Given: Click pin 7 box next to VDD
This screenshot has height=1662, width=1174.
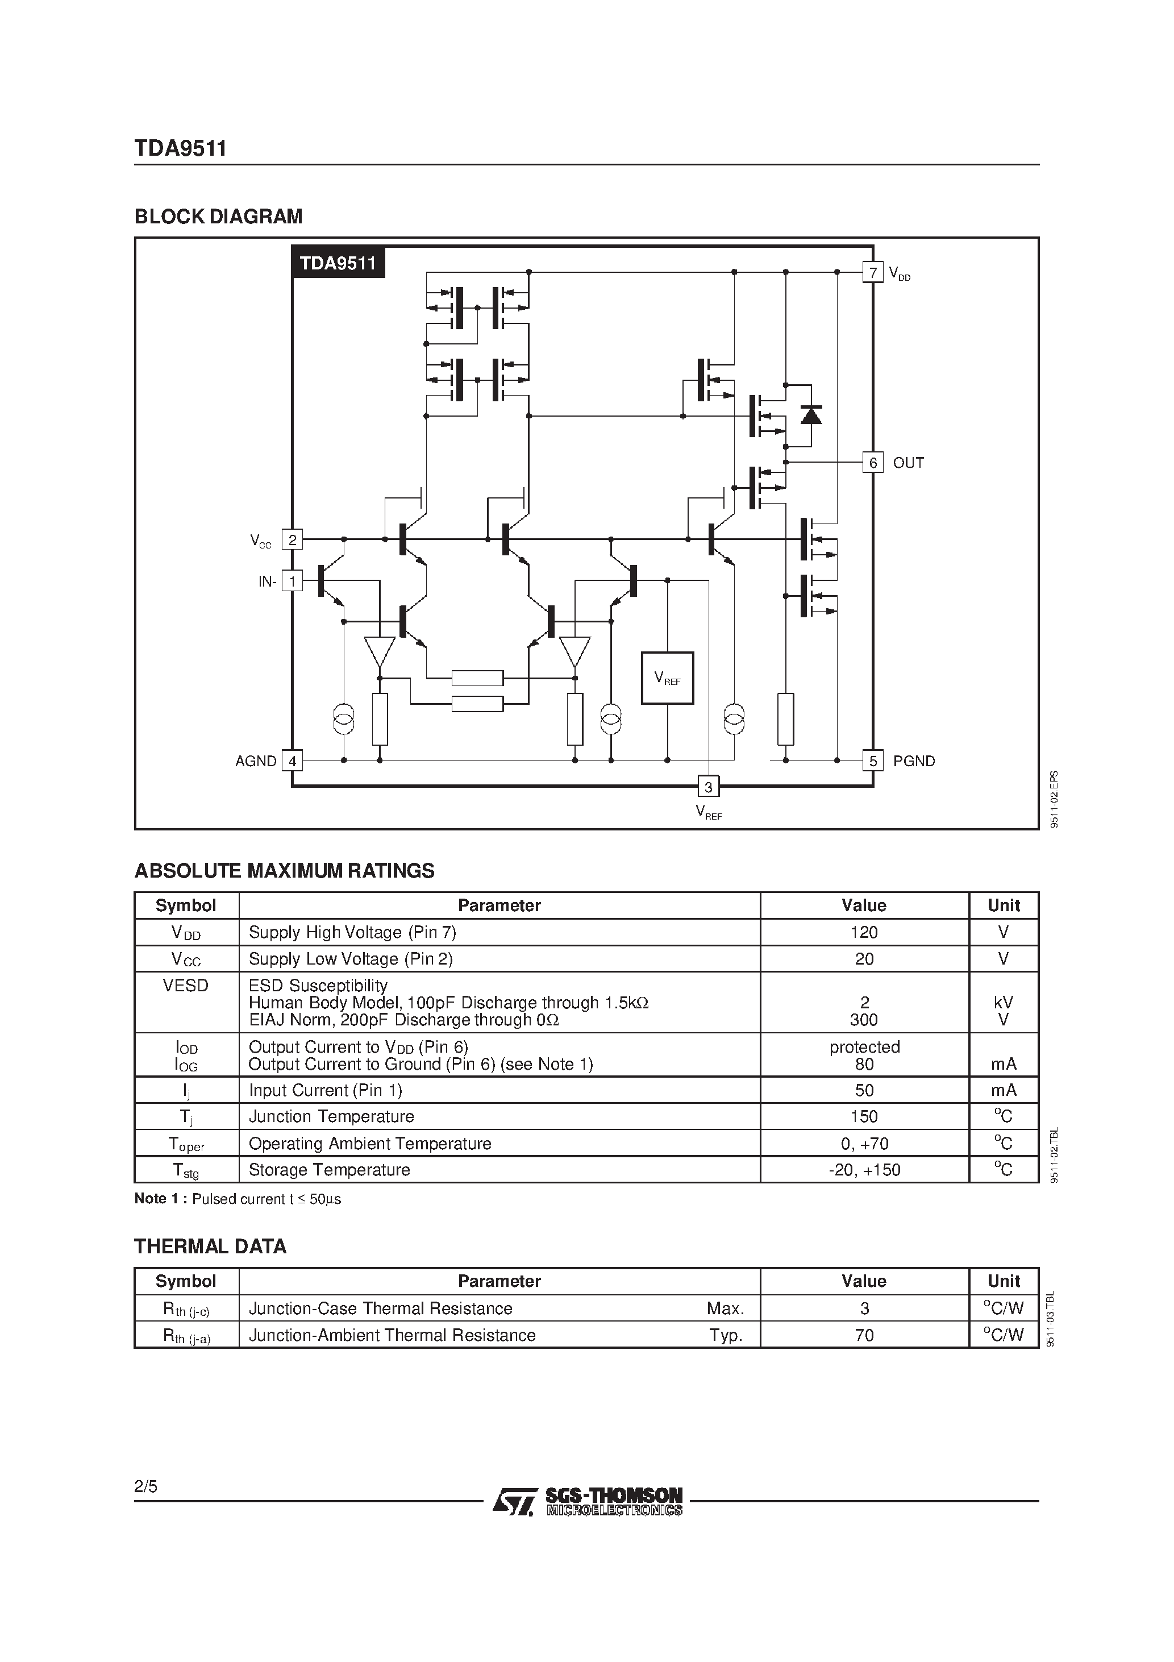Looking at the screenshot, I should pyautogui.click(x=873, y=273).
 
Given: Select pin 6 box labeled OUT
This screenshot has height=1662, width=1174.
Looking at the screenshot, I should pyautogui.click(x=873, y=463).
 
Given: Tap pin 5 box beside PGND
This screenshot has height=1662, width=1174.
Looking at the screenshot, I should pyautogui.click(x=873, y=761).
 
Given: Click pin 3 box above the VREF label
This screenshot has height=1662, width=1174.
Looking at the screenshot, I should pyautogui.click(x=708, y=787).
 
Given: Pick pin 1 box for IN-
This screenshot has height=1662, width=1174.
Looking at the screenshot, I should pyautogui.click(x=292, y=580).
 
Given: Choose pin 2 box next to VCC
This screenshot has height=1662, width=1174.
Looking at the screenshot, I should pyautogui.click(x=292, y=539).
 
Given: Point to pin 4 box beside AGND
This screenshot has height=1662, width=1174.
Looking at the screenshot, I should pyautogui.click(x=292, y=761).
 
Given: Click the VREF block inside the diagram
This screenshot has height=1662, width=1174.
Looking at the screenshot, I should pyautogui.click(x=667, y=678).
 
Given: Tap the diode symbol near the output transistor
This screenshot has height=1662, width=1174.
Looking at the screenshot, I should pyautogui.click(x=811, y=415).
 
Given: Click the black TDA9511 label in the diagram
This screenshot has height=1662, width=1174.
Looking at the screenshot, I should pyautogui.click(x=338, y=263).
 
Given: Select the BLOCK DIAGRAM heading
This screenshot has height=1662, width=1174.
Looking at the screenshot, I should pyautogui.click(x=219, y=217).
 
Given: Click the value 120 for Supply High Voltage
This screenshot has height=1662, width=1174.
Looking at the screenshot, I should pyautogui.click(x=864, y=932).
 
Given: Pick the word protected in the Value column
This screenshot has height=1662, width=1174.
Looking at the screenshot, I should pyautogui.click(x=864, y=1047).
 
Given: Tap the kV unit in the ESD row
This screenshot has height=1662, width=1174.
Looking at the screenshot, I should pyautogui.click(x=1003, y=1003).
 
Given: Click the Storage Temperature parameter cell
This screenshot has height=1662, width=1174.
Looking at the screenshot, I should pyautogui.click(x=330, y=1170).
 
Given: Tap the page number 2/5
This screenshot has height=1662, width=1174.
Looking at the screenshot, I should pyautogui.click(x=145, y=1487).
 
